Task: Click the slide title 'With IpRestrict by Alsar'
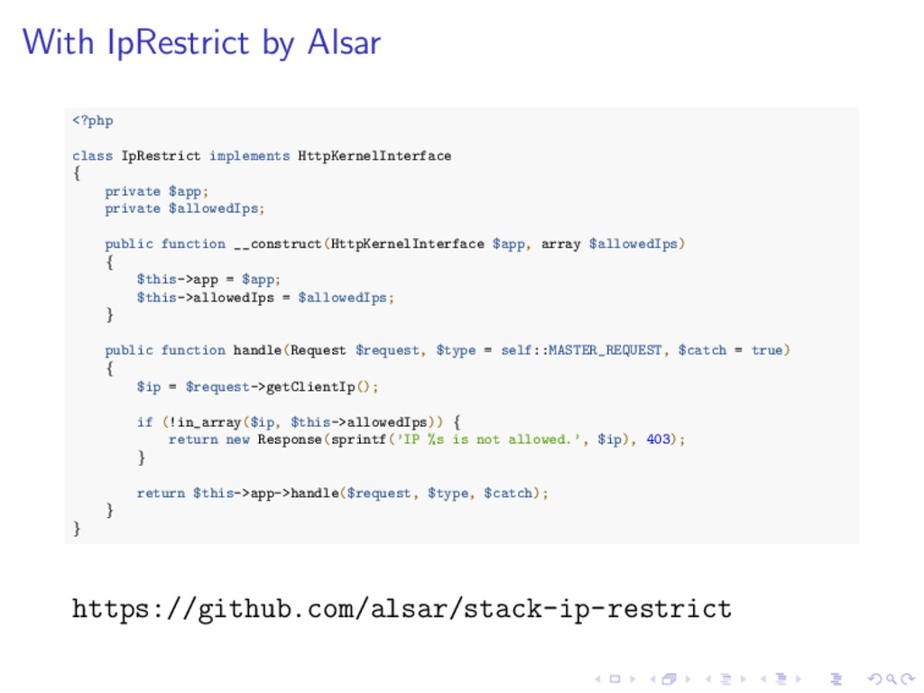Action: [x=201, y=42]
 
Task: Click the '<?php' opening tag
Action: [x=92, y=121]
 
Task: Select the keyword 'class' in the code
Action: [x=92, y=156]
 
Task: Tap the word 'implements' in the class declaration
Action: [x=249, y=156]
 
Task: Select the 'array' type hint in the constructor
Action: [x=560, y=245]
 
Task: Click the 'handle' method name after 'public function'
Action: [x=257, y=350]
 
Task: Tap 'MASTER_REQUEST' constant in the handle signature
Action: [x=605, y=350]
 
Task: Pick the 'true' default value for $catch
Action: [x=767, y=350]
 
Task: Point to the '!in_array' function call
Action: [x=204, y=422]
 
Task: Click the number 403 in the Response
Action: [x=659, y=439]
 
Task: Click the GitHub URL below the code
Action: [x=402, y=609]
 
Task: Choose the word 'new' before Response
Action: [x=237, y=439]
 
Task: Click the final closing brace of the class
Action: [x=77, y=529]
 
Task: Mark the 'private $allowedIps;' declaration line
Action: [x=184, y=208]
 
